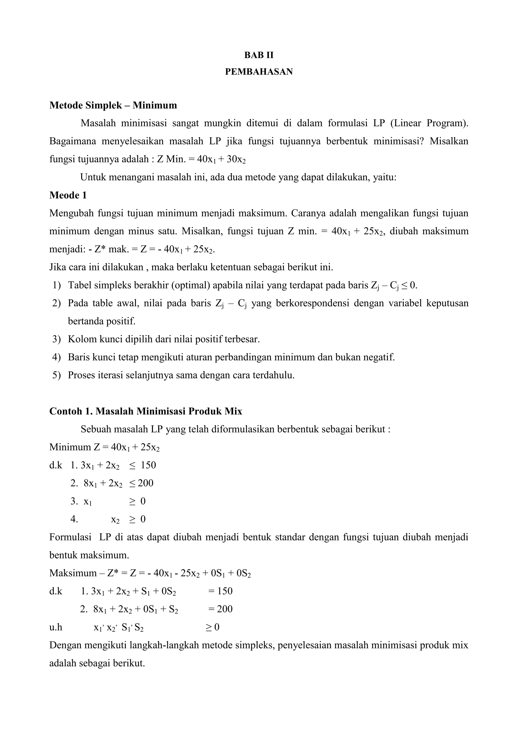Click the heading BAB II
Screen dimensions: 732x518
coord(259,55)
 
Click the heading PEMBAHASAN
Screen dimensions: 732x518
coord(259,72)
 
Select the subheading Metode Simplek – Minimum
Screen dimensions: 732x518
coord(113,105)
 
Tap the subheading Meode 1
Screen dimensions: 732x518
coord(68,195)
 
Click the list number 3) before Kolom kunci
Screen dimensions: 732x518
coord(56,339)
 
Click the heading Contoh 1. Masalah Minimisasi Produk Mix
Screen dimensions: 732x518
coord(146,411)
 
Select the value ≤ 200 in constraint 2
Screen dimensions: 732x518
coord(141,483)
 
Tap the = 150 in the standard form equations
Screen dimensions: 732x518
coord(220,591)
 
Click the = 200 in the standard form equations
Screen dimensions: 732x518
coord(220,609)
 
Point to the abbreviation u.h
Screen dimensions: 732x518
coord(56,627)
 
